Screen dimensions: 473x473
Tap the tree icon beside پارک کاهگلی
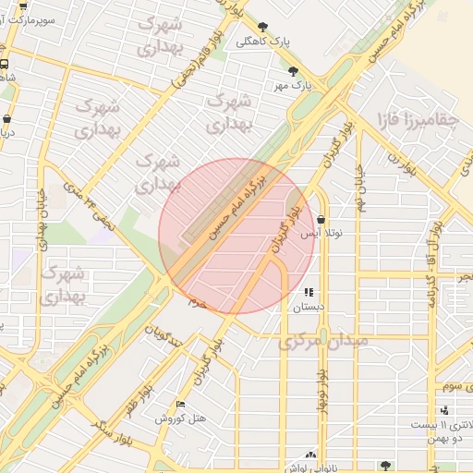click(263, 28)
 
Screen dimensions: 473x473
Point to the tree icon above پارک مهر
click(294, 71)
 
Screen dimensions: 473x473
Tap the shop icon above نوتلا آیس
click(321, 221)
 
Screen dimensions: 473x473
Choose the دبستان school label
click(309, 307)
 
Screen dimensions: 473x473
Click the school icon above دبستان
click(309, 292)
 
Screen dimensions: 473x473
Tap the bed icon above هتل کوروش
click(180, 405)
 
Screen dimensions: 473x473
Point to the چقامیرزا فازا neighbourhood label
click(417, 121)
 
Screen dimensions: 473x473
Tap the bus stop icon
click(5, 65)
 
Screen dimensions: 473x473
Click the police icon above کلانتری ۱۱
click(446, 410)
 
